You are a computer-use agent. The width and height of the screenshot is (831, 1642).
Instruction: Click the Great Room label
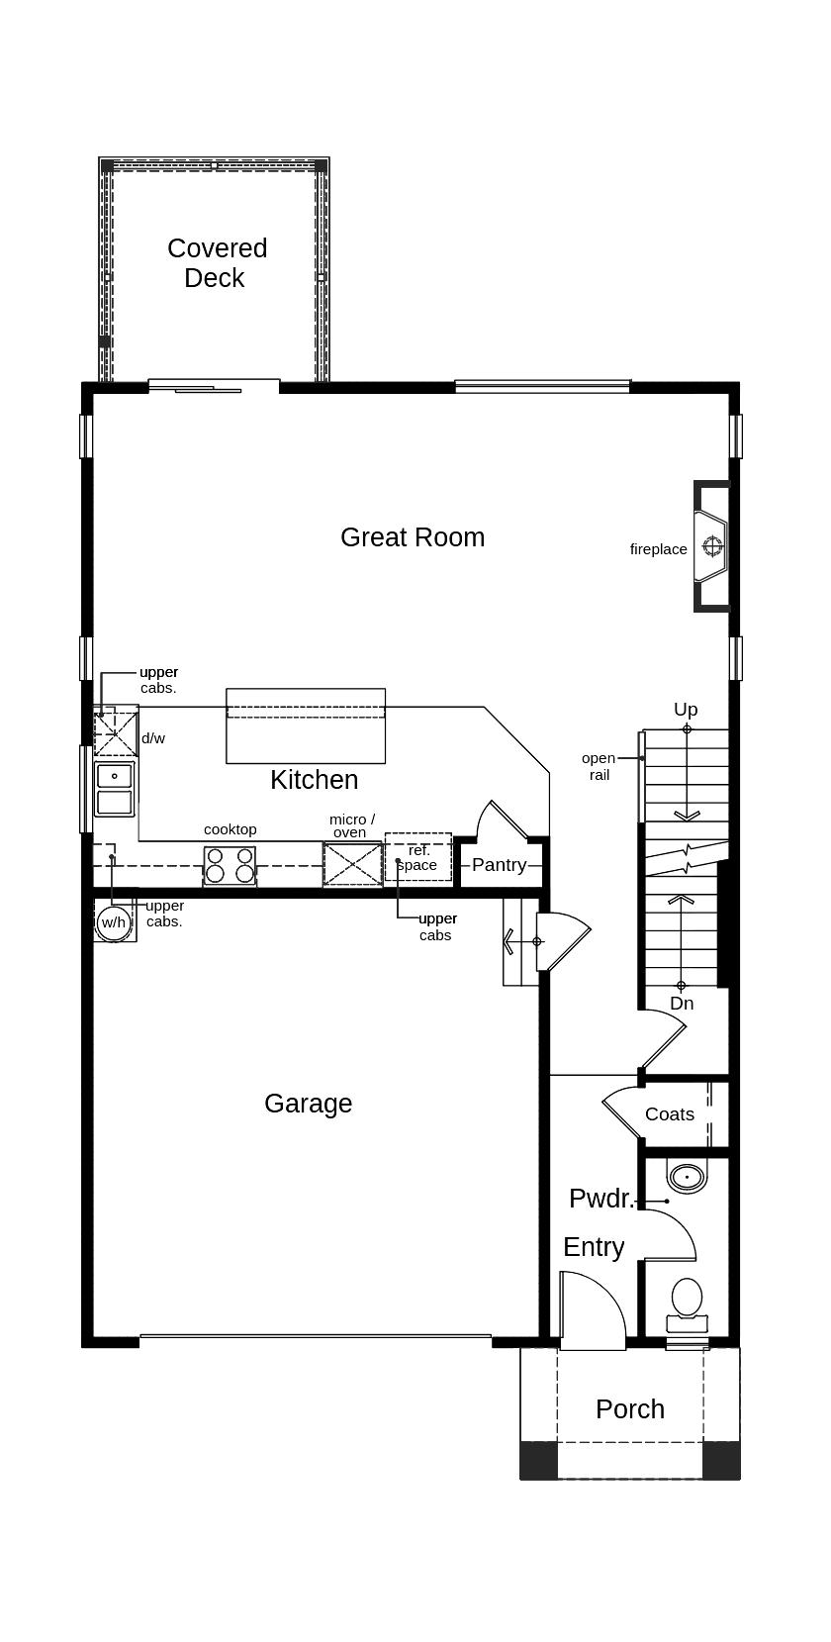(x=413, y=537)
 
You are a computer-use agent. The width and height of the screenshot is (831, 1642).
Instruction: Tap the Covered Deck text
(x=217, y=263)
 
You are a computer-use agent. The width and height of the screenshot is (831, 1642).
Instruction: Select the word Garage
(x=308, y=1104)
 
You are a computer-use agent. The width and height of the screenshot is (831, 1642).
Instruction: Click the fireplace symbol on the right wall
(x=712, y=546)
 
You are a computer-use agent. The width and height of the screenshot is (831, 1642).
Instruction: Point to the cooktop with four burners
(x=230, y=865)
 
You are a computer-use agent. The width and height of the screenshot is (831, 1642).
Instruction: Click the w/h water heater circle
(x=114, y=922)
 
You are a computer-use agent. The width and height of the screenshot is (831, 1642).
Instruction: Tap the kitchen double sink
(x=115, y=789)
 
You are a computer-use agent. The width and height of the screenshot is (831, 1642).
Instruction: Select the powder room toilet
(x=687, y=1304)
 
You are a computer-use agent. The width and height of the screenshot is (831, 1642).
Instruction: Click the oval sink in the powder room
(x=686, y=1177)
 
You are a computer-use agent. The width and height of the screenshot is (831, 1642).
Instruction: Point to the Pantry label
(x=499, y=865)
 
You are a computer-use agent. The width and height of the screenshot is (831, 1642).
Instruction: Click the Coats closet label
(x=670, y=1114)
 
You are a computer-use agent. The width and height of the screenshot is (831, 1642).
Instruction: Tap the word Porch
(x=630, y=1409)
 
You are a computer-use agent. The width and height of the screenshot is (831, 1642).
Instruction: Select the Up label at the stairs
(x=686, y=710)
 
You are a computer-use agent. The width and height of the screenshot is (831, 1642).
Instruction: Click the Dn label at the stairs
(x=682, y=1004)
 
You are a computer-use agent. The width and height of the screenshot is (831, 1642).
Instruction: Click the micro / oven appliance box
(x=352, y=865)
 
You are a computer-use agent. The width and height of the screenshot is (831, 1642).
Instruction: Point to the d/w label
(x=153, y=738)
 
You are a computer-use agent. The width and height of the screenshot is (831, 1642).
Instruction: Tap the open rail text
(x=599, y=766)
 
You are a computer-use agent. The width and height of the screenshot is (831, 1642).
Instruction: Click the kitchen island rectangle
(x=306, y=726)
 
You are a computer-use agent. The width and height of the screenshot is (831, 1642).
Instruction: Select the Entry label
(x=594, y=1247)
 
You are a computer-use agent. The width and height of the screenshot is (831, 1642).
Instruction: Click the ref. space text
(x=417, y=857)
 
